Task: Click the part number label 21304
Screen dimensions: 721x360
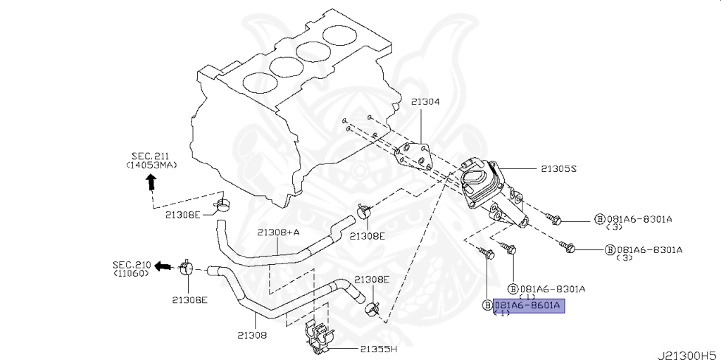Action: [425, 102]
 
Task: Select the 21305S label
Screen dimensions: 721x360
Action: [558, 169]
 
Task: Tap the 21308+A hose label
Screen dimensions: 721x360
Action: [279, 232]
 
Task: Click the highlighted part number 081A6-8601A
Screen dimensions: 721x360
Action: [528, 305]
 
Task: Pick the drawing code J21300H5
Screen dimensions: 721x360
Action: [688, 355]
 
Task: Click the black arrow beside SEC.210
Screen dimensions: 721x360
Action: [163, 266]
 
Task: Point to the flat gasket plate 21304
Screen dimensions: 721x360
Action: [414, 158]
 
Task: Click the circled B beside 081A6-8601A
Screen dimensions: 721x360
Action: [487, 305]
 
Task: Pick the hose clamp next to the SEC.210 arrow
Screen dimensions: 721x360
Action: [187, 268]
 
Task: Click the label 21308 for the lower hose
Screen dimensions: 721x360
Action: [252, 335]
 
